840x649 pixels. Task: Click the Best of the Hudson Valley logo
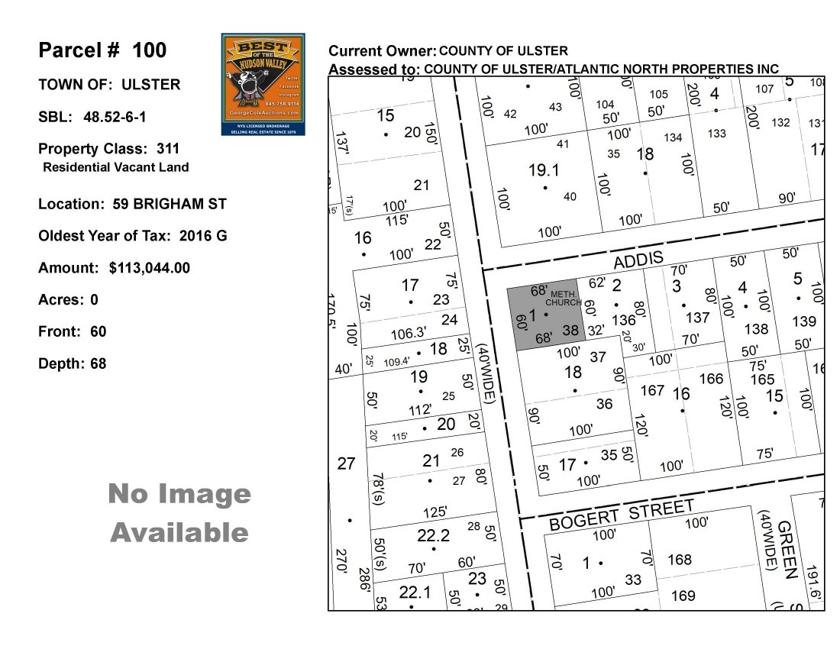[263, 84]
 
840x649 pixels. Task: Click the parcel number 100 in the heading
[149, 50]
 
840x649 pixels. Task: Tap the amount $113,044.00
[150, 268]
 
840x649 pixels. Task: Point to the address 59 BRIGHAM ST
[166, 204]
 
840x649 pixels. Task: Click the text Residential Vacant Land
[116, 167]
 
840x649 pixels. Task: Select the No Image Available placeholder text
[179, 512]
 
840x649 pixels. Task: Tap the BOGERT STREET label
[622, 515]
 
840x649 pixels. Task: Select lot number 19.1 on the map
[544, 170]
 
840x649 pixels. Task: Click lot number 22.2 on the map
[434, 536]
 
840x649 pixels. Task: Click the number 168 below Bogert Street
[680, 560]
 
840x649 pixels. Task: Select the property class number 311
[169, 149]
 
